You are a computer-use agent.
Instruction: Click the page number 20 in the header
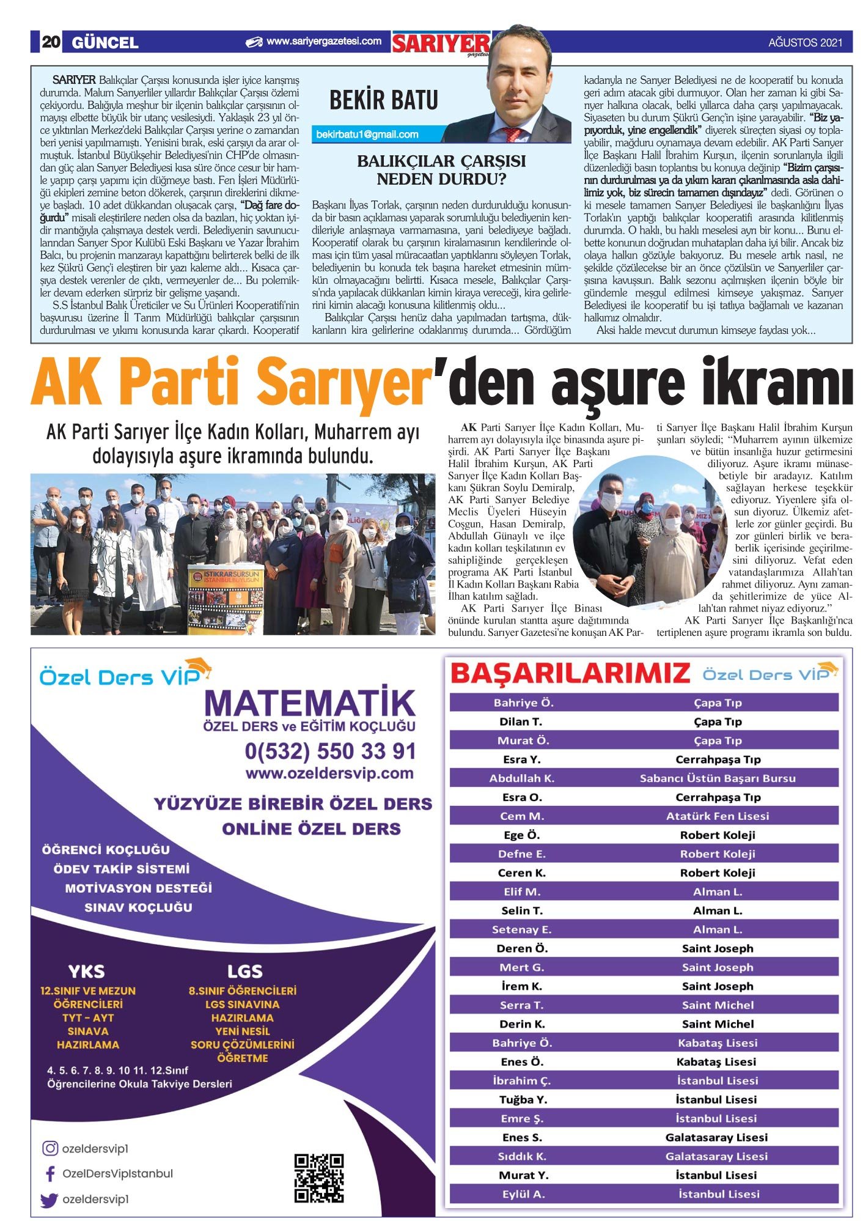point(51,42)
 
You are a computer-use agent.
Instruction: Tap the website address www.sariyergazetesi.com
point(323,42)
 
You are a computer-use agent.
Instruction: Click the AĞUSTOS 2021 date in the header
point(805,43)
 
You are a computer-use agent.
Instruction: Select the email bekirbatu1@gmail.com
point(367,135)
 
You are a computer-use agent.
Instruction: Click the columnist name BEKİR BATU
point(383,100)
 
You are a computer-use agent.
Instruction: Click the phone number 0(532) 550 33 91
point(330,751)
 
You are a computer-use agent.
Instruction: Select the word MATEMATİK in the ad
point(310,704)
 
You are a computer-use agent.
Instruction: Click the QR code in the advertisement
point(318,1178)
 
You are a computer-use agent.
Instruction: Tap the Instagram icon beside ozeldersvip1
point(50,1148)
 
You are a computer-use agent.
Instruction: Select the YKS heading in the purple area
point(86,972)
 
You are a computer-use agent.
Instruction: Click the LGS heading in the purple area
point(244,972)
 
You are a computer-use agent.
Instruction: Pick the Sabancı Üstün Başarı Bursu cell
point(717,778)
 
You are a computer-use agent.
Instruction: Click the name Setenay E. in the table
point(521,929)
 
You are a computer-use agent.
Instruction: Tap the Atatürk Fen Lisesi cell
point(717,816)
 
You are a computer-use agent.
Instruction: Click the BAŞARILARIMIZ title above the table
point(570,673)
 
